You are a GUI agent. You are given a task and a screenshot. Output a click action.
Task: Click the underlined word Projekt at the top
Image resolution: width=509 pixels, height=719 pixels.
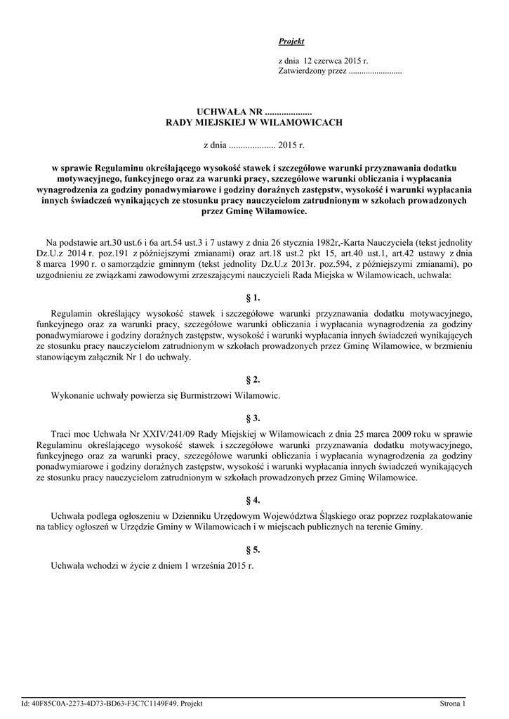point(286,42)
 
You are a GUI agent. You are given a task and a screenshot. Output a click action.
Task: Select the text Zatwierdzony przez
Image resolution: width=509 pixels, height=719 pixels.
point(312,72)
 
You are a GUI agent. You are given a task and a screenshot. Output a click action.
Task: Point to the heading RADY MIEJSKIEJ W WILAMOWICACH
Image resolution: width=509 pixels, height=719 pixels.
point(253,122)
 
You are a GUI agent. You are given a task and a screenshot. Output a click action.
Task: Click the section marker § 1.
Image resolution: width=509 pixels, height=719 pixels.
point(253,297)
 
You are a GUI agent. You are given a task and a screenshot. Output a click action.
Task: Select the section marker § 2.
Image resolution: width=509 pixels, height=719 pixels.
point(253,380)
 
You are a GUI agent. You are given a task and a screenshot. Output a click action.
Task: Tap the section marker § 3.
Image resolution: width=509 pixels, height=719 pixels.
point(253,417)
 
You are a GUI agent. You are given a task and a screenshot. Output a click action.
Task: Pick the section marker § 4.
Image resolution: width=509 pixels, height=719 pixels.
point(253,500)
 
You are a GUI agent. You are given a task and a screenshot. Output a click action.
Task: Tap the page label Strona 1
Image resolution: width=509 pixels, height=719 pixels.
point(453,703)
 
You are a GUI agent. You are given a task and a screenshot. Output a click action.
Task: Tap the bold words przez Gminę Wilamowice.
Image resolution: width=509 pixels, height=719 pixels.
point(253,211)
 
